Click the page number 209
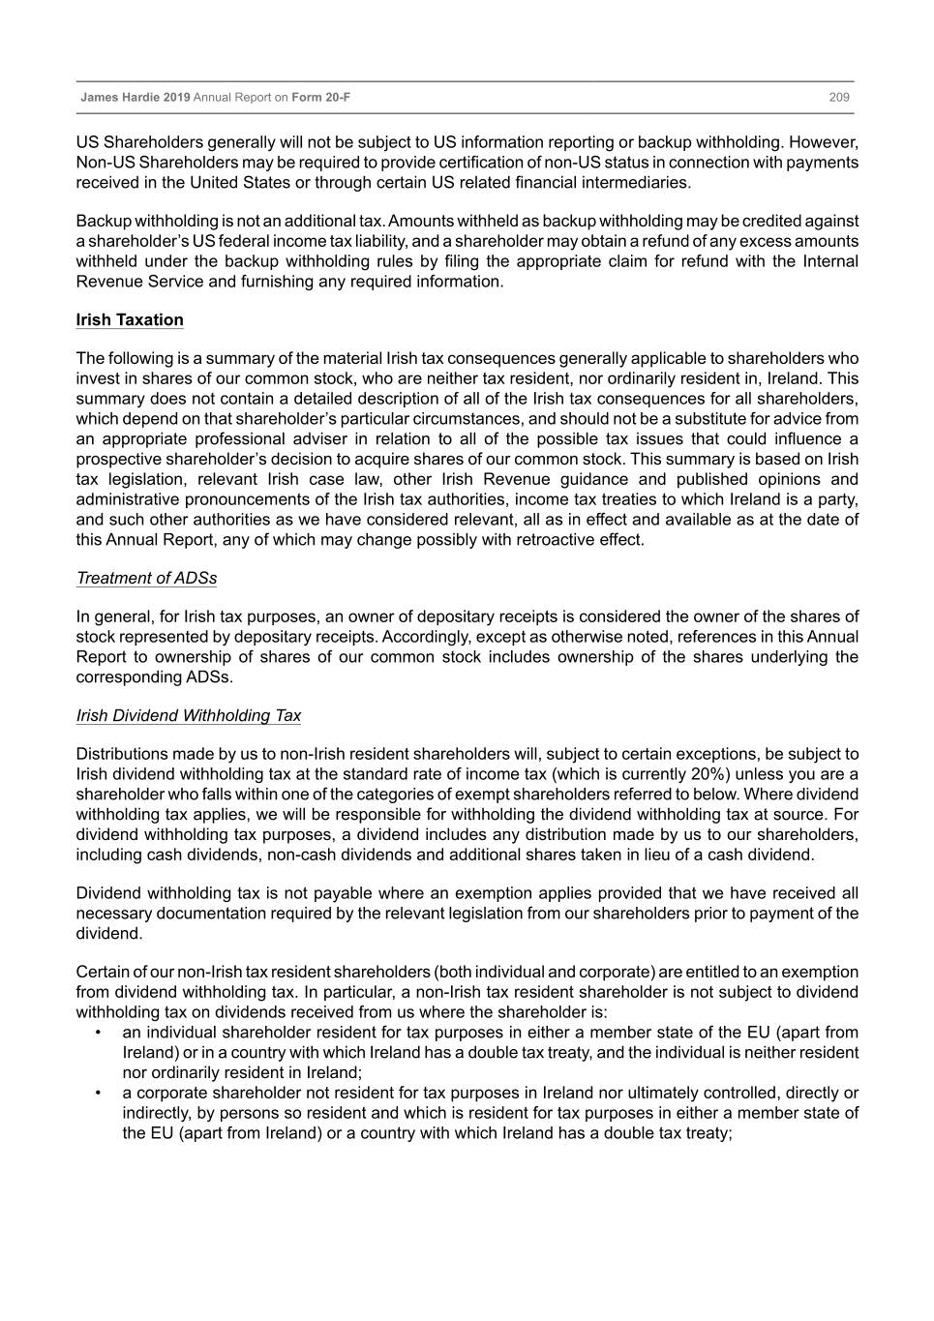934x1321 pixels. tap(838, 98)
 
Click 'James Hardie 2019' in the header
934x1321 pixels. tap(135, 98)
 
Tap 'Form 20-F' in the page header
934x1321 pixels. tap(320, 98)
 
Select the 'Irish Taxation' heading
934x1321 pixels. tap(130, 320)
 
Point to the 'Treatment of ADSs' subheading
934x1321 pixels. tap(146, 579)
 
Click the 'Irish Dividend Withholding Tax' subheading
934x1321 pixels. tap(189, 716)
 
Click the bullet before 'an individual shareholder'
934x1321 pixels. tap(99, 1033)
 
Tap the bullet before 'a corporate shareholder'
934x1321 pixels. tap(99, 1094)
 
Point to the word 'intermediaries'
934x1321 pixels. tap(635, 183)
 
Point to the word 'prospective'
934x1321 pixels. tap(119, 460)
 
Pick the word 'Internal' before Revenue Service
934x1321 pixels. tap(830, 261)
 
